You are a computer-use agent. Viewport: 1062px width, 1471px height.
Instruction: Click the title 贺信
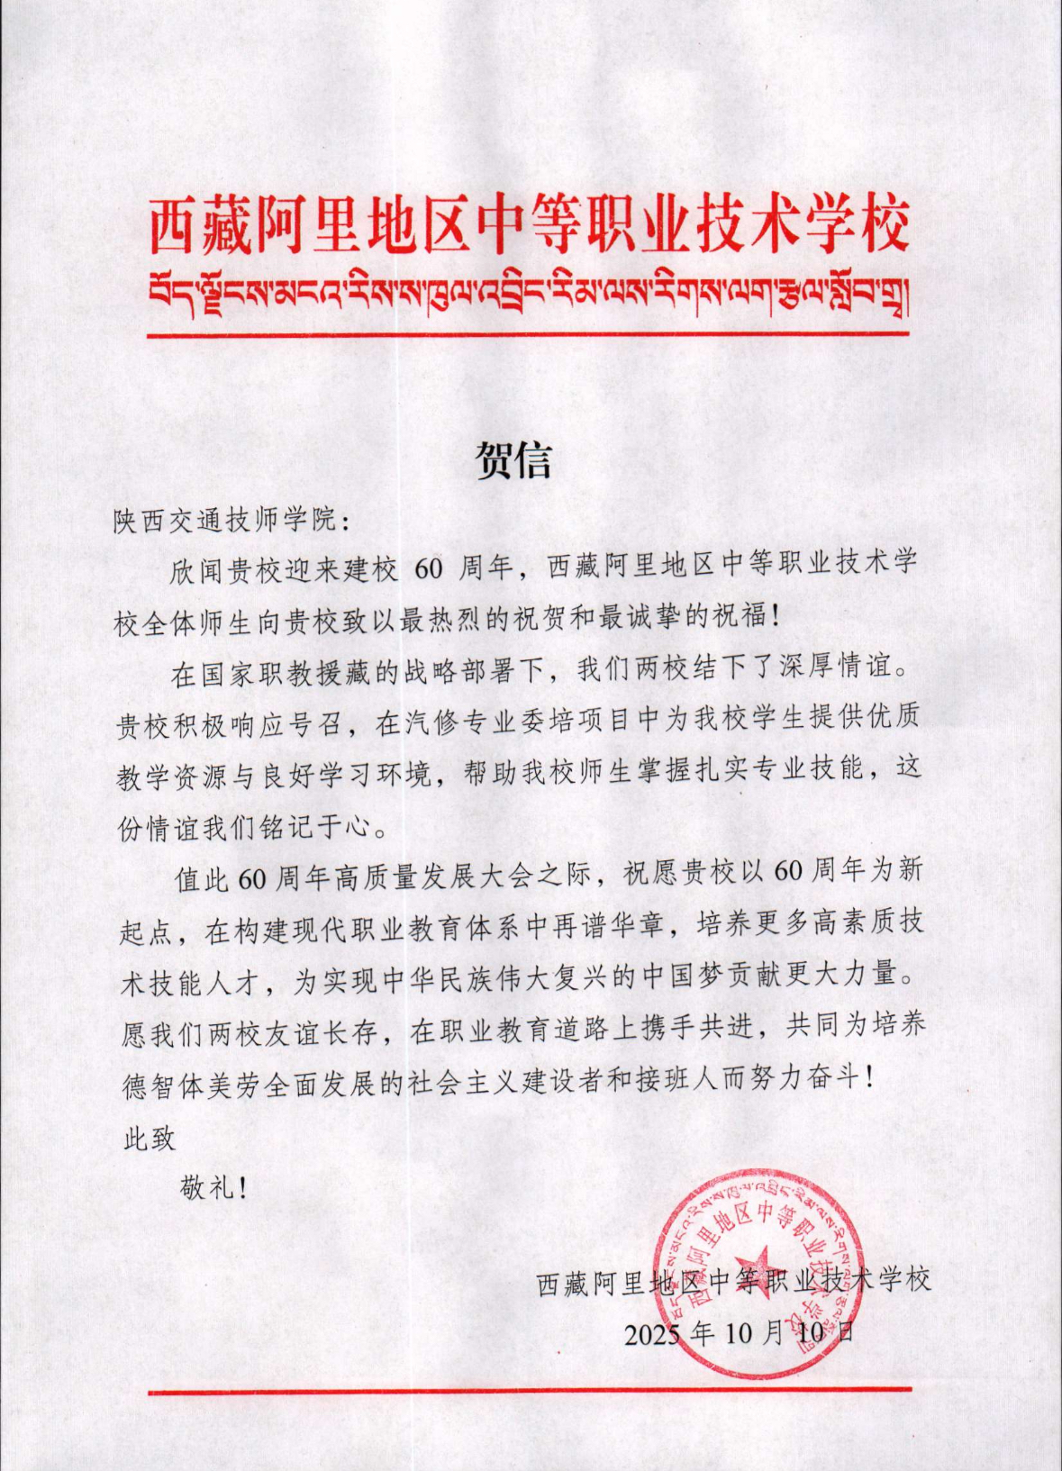click(x=513, y=460)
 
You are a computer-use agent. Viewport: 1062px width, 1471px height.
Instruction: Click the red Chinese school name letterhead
click(x=530, y=226)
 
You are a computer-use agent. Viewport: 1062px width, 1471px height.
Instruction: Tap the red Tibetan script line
click(x=530, y=293)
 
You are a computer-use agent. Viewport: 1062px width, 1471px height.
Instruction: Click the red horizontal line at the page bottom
click(x=530, y=1390)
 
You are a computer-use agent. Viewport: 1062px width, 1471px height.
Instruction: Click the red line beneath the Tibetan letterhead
click(x=530, y=334)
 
